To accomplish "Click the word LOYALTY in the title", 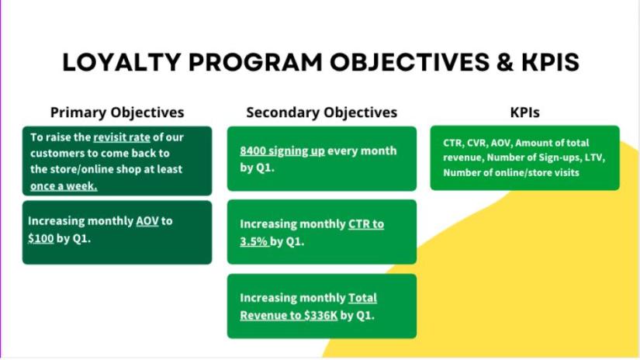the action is [x=121, y=62].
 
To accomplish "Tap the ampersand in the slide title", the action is [x=505, y=62].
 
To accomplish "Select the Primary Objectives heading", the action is [x=117, y=112].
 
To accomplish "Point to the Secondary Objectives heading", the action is [x=322, y=112].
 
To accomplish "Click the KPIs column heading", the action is [x=525, y=112].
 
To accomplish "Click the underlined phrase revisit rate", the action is [x=122, y=137].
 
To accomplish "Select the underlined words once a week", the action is [x=64, y=186].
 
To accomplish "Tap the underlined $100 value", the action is [x=41, y=238].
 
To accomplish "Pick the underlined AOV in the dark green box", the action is [x=147, y=221].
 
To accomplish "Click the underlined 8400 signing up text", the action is [x=282, y=151].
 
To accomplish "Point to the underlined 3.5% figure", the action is [x=254, y=241].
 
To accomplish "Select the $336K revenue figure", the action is [x=321, y=316].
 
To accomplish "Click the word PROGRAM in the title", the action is [x=255, y=62].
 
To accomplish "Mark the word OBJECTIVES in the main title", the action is [x=410, y=62].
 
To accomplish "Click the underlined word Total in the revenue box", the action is [x=362, y=298].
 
